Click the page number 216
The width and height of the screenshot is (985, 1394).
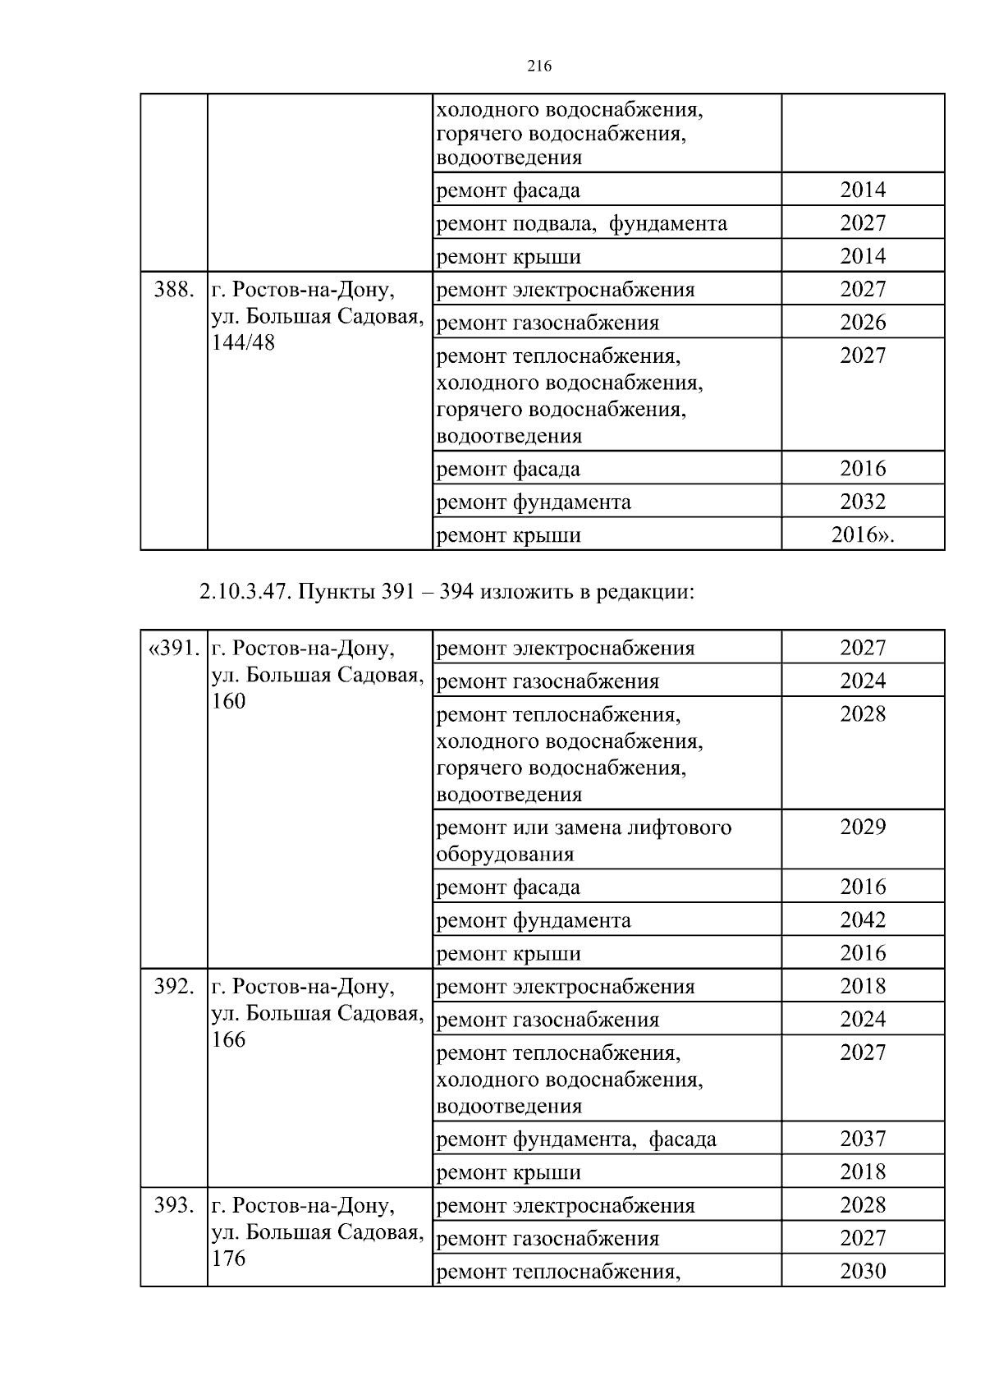(x=538, y=66)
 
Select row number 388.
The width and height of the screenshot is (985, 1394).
(x=174, y=290)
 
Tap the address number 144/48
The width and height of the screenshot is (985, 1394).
(x=243, y=343)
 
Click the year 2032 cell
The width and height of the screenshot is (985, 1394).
(x=863, y=502)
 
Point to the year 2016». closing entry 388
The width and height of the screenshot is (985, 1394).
(x=863, y=535)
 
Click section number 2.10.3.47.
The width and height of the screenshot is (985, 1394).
(x=243, y=592)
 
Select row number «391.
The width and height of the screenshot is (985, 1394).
(x=174, y=649)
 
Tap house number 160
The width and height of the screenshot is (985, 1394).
(x=228, y=701)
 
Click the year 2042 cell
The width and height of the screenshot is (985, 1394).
(x=863, y=919)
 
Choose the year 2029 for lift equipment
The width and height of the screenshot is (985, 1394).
(x=863, y=827)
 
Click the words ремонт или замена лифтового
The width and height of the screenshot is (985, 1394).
(x=584, y=828)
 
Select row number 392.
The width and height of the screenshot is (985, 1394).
(x=174, y=987)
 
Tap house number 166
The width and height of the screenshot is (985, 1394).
(x=228, y=1039)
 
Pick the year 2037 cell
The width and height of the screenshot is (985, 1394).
(x=863, y=1139)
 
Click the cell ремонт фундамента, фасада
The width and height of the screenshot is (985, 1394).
(x=576, y=1140)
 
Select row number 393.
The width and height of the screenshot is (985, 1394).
(x=174, y=1206)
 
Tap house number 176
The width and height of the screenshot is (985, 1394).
(x=228, y=1259)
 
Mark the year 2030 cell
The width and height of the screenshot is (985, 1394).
(x=863, y=1272)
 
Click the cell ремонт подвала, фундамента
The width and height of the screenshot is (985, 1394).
(x=581, y=223)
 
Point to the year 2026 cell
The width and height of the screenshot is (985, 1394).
(x=863, y=323)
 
